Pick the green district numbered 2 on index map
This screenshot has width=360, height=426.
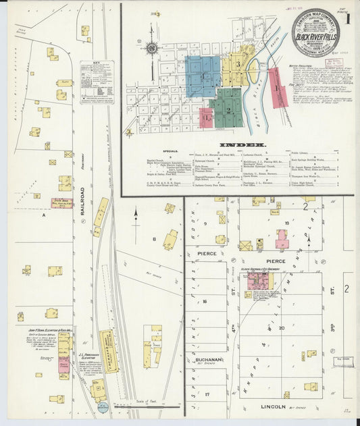(x=228, y=108)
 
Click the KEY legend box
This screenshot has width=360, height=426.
(x=97, y=82)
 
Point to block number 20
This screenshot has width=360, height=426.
(x=282, y=329)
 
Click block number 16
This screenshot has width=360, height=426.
(x=203, y=302)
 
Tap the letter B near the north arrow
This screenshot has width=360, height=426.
(x=154, y=239)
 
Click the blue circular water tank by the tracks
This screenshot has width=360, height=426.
(x=102, y=407)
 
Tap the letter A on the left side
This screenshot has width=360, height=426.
(x=43, y=216)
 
